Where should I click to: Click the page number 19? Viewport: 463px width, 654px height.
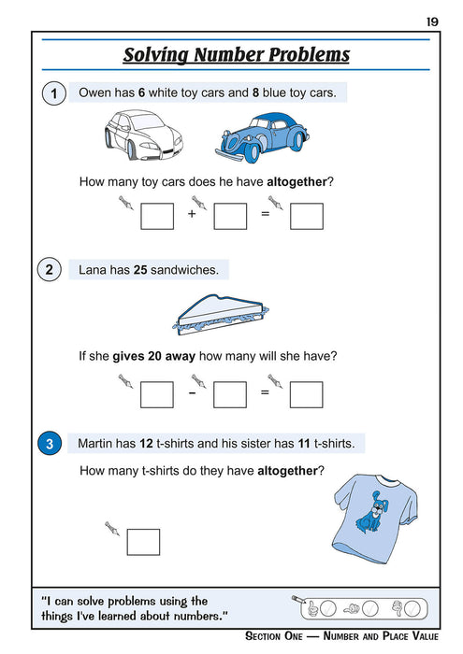(432, 21)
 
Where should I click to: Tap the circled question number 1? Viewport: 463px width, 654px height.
(54, 93)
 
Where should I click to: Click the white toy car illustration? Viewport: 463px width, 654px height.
(143, 132)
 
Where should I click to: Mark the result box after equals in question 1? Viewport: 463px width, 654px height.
(306, 216)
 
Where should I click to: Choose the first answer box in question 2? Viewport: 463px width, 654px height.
(157, 393)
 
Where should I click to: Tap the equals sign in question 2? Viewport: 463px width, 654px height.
(265, 392)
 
